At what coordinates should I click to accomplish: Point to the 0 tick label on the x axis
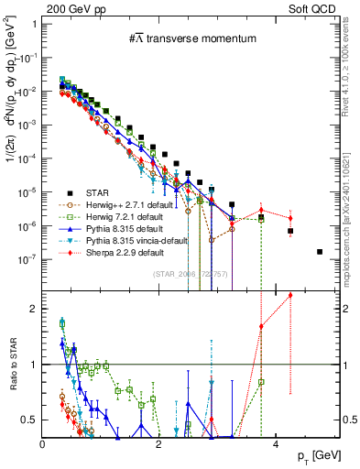tap(43, 444)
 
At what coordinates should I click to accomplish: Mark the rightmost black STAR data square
tap(320, 252)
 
